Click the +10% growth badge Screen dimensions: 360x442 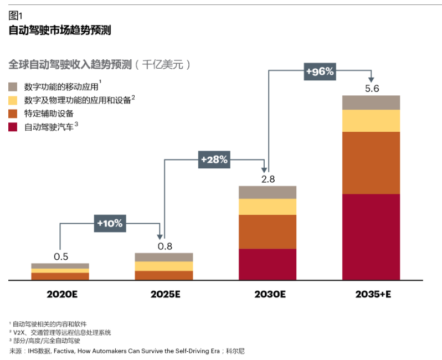(x=110, y=223)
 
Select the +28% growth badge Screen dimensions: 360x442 (x=214, y=160)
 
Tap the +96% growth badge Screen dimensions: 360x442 (x=320, y=71)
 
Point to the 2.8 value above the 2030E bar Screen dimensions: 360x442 (x=268, y=179)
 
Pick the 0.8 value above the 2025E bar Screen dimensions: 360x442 (x=165, y=246)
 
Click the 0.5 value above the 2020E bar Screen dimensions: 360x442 (x=61, y=256)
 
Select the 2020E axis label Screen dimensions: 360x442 (x=60, y=294)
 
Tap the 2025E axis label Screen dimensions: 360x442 (x=165, y=294)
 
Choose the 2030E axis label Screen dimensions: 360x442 (x=268, y=294)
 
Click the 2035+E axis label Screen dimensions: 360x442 (x=372, y=294)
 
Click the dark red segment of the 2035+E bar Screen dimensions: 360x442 (x=371, y=237)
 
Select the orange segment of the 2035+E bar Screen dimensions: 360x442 (x=371, y=163)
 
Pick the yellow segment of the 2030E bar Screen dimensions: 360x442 (x=268, y=207)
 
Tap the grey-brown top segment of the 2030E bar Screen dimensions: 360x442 (x=268, y=192)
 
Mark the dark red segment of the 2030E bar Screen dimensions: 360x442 (x=268, y=265)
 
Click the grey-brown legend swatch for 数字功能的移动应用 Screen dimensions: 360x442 (x=13, y=87)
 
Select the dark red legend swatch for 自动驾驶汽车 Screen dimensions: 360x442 (x=13, y=127)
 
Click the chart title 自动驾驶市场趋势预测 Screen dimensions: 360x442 (x=60, y=30)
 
